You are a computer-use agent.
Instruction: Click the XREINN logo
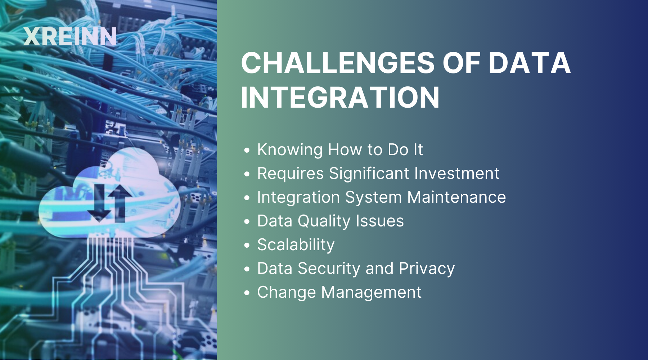70,36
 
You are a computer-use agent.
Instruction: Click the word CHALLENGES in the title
338,63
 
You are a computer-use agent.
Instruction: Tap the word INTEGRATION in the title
340,97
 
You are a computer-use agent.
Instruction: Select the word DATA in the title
530,63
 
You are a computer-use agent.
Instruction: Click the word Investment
457,174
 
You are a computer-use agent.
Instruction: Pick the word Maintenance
456,197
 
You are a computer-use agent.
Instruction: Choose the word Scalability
296,245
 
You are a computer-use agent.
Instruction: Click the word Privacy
427,269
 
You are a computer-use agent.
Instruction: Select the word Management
371,292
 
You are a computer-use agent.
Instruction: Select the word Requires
291,174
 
